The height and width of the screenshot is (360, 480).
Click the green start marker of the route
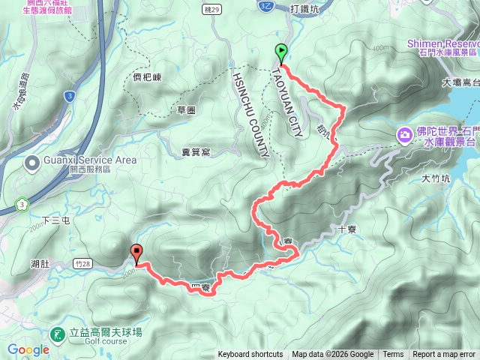click(x=281, y=53)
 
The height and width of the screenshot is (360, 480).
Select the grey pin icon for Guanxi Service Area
click(x=33, y=162)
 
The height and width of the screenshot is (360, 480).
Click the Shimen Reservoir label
click(x=442, y=44)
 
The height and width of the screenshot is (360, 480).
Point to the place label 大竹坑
click(x=434, y=178)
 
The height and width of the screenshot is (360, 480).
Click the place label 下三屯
click(x=55, y=220)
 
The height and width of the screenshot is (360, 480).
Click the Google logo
click(x=28, y=349)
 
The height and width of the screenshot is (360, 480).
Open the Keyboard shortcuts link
click(x=250, y=355)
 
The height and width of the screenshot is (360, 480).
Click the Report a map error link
click(x=444, y=355)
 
